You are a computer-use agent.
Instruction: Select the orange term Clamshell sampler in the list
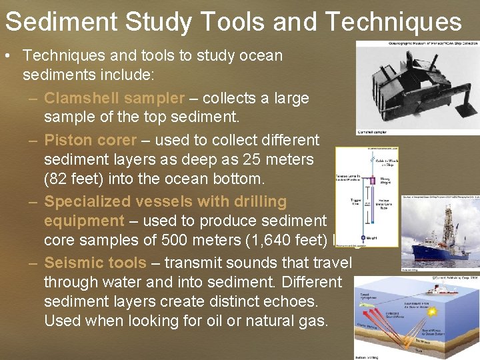point(114,99)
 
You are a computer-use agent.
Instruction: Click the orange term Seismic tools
point(95,263)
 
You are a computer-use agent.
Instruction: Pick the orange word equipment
point(84,221)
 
